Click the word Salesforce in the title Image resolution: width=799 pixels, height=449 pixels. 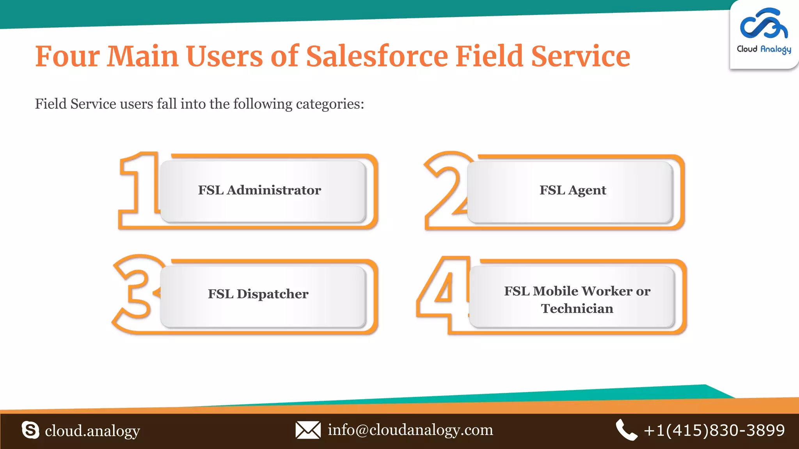[x=377, y=56]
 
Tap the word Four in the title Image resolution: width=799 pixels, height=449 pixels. [x=67, y=56]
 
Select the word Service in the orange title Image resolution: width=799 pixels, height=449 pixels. [x=581, y=56]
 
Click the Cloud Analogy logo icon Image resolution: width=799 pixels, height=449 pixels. [x=763, y=24]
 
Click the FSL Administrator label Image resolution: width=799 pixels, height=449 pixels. [x=259, y=190]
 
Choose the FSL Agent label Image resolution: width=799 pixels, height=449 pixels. [x=573, y=190]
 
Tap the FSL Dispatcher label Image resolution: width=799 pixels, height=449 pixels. [x=258, y=294]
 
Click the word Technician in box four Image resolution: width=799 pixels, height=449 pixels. [x=577, y=309]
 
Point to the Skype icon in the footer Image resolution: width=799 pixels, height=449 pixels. [x=30, y=430]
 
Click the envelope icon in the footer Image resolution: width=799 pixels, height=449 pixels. [x=308, y=430]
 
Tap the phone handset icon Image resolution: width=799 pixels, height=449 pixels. [x=626, y=430]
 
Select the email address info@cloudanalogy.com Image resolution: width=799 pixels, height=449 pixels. [x=410, y=430]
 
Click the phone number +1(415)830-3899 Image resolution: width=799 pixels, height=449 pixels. [x=714, y=430]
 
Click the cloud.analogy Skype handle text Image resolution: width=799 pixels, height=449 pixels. [x=92, y=431]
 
